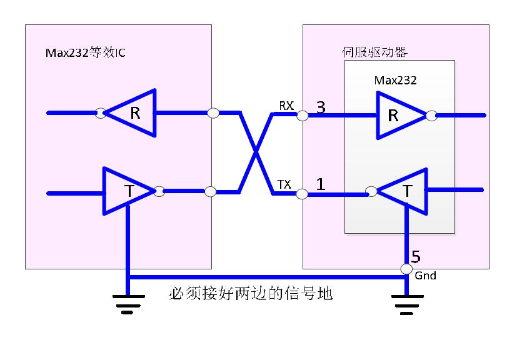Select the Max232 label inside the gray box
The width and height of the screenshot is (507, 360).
point(395,80)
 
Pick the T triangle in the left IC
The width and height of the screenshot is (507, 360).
point(127,191)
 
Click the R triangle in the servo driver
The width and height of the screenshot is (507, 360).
point(397,116)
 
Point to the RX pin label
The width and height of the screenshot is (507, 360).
point(286,106)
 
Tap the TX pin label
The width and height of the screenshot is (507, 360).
point(284,184)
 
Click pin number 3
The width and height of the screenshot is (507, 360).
point(321,107)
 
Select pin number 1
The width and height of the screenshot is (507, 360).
point(321,185)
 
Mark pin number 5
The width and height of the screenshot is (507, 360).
point(416,257)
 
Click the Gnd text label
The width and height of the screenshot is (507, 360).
point(425,276)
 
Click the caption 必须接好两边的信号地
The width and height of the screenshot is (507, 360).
point(250,294)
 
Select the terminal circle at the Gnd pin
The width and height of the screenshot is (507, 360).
point(406,269)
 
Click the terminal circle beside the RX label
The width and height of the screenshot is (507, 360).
point(302,116)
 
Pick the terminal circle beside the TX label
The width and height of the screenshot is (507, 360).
point(302,194)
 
